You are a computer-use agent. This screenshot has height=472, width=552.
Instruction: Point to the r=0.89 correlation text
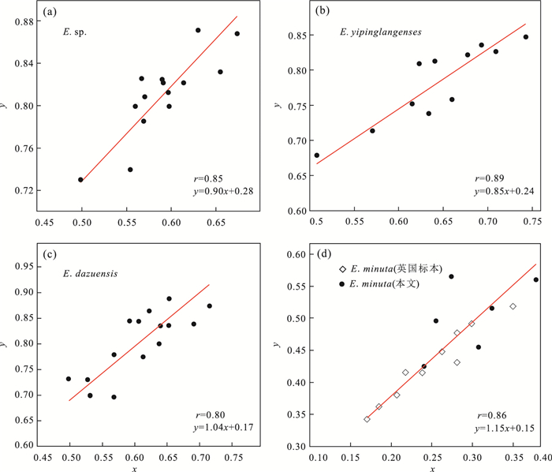click(x=488, y=178)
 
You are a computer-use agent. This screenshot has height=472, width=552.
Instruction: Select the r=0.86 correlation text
click(x=489, y=415)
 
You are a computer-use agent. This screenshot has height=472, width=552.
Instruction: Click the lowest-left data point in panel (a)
click(x=80, y=179)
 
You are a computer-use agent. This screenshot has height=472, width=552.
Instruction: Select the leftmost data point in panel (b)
click(x=317, y=155)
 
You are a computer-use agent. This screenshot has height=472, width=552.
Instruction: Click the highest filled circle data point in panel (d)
click(x=451, y=276)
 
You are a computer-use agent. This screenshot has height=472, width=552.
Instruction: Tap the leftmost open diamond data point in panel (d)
click(x=367, y=419)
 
